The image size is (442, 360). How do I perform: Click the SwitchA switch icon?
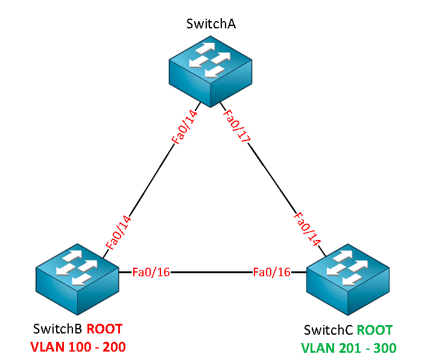coord(210,70)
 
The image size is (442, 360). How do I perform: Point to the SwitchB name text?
coord(58,329)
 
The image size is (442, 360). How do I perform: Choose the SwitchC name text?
coord(329,330)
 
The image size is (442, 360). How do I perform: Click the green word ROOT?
coord(374,330)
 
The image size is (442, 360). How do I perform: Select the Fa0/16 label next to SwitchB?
coord(151,272)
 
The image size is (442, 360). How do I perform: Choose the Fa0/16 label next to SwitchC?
coord(272,272)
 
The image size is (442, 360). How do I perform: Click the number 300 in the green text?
coord(384,348)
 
